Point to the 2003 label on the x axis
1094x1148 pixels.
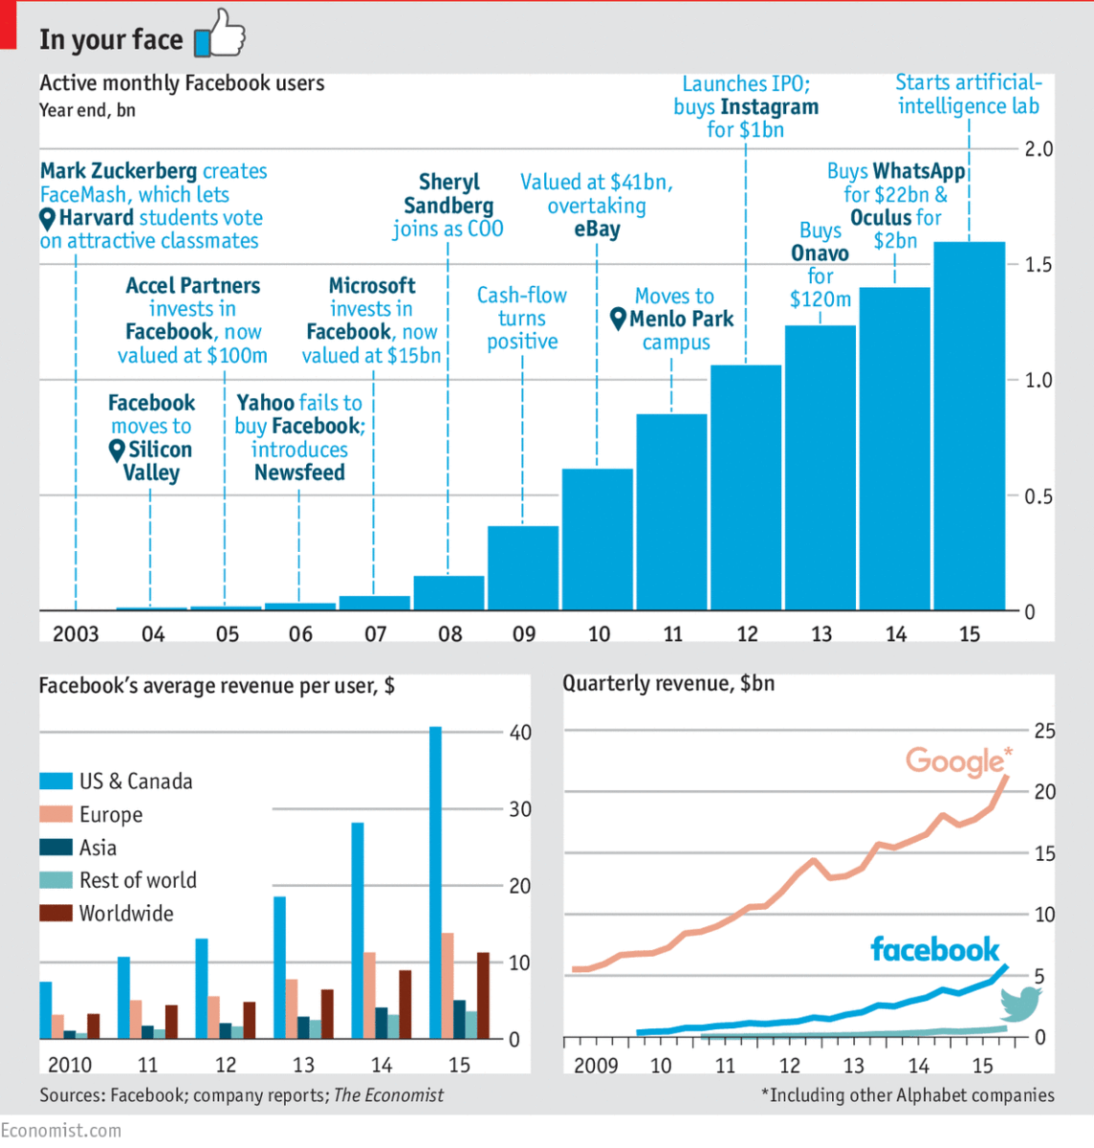tap(76, 634)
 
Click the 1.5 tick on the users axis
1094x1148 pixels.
tap(1039, 265)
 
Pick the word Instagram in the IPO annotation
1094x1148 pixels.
tap(770, 107)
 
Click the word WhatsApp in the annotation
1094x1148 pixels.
tap(919, 171)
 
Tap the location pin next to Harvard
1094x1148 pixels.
tap(48, 219)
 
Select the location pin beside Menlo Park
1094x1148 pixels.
tap(619, 319)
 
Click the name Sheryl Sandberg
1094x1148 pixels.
tap(449, 194)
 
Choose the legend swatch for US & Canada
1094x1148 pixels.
tap(55, 782)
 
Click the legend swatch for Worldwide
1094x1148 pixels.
tap(55, 914)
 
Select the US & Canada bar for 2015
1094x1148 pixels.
tap(435, 882)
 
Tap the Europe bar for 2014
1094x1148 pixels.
tap(369, 995)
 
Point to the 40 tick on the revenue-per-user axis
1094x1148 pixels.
tap(520, 733)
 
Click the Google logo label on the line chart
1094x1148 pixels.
tap(957, 762)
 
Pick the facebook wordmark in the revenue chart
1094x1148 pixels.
tap(934, 950)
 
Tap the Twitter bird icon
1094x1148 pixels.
tap(1020, 1004)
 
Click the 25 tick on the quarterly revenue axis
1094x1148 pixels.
tap(1044, 731)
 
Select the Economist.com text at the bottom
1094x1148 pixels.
tap(61, 1131)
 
